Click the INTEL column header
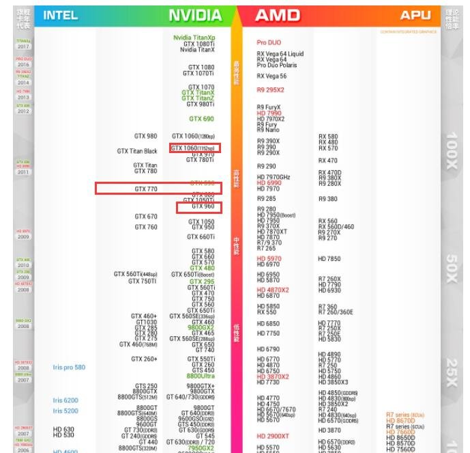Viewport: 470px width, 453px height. click(x=60, y=15)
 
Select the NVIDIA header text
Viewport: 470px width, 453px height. click(x=196, y=15)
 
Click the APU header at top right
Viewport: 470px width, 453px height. click(x=415, y=15)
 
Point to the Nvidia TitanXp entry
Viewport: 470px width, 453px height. click(x=194, y=38)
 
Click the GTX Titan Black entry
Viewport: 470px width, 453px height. click(x=136, y=151)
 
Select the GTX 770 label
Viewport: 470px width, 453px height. click(x=145, y=189)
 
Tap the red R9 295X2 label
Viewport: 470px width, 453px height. click(x=270, y=90)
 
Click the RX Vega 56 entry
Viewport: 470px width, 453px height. click(x=271, y=77)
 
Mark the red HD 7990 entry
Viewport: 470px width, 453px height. click(x=269, y=113)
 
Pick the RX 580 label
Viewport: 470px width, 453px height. click(x=328, y=137)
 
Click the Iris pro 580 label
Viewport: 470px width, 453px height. click(x=69, y=368)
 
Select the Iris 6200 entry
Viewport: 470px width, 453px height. click(x=65, y=400)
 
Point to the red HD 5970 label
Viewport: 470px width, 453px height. click(x=269, y=259)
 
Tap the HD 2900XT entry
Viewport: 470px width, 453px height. click(x=273, y=436)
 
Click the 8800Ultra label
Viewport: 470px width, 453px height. click(x=201, y=376)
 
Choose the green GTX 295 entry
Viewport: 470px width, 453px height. click(x=202, y=282)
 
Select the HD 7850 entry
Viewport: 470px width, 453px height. click(x=329, y=259)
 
